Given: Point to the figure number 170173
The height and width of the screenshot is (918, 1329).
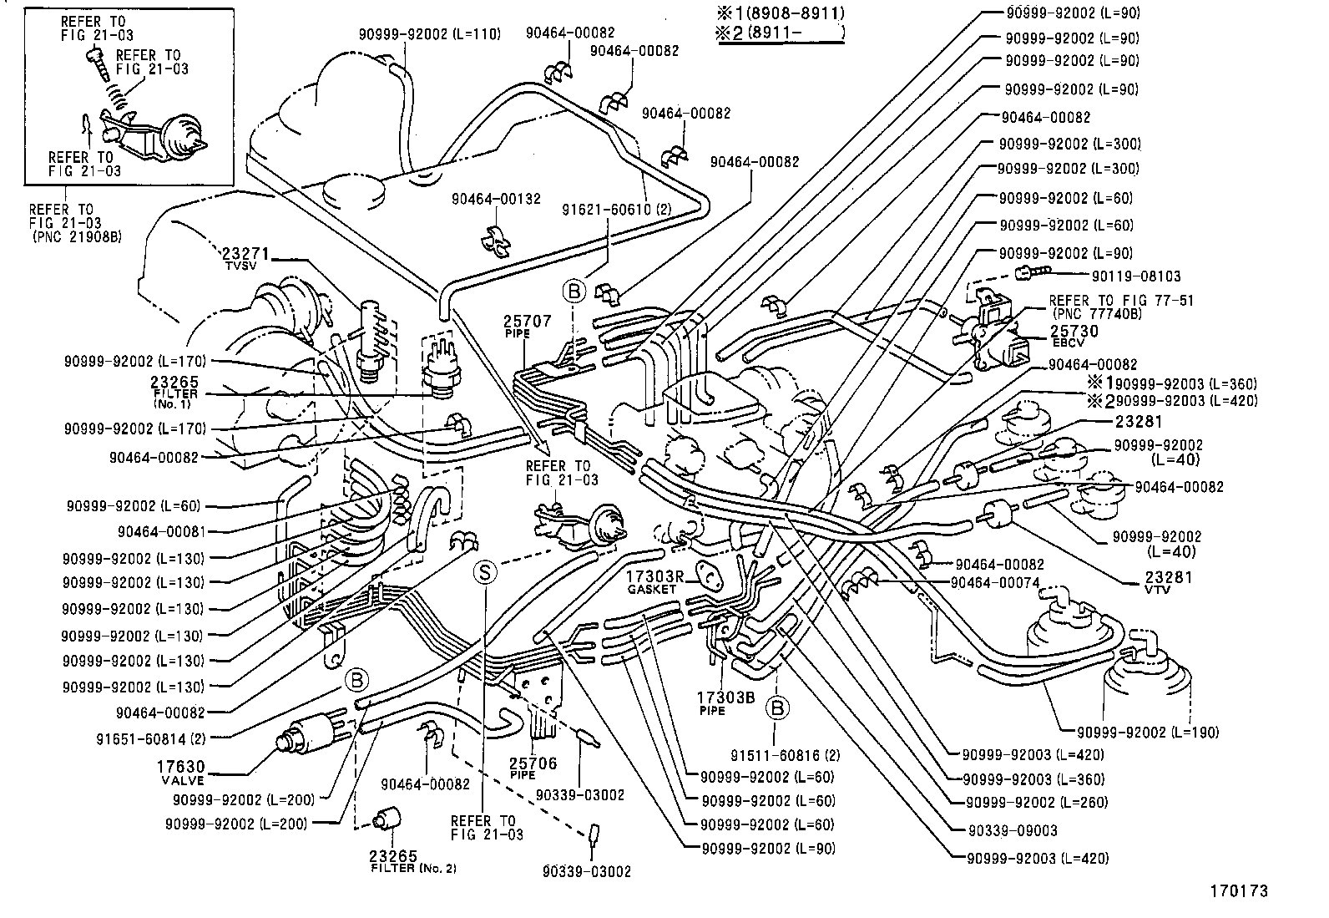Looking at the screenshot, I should [1239, 891].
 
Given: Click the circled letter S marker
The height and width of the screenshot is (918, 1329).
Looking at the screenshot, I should [484, 572].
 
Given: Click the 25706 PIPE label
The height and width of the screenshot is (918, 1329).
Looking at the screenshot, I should [534, 768].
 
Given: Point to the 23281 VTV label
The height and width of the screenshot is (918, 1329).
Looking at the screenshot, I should [1168, 581].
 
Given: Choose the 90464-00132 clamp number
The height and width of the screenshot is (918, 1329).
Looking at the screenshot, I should [496, 199].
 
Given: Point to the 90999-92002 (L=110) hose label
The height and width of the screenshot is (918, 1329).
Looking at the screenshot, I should [429, 33].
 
